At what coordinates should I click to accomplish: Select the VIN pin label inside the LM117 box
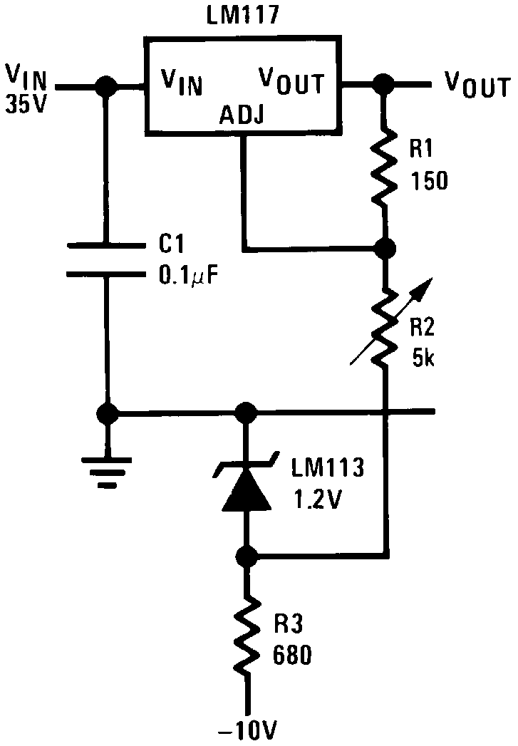point(181,83)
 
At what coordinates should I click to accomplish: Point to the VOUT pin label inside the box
point(291,81)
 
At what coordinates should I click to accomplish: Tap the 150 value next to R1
point(428,182)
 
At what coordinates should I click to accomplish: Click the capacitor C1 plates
point(106,259)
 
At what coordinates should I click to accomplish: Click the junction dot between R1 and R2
point(385,249)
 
